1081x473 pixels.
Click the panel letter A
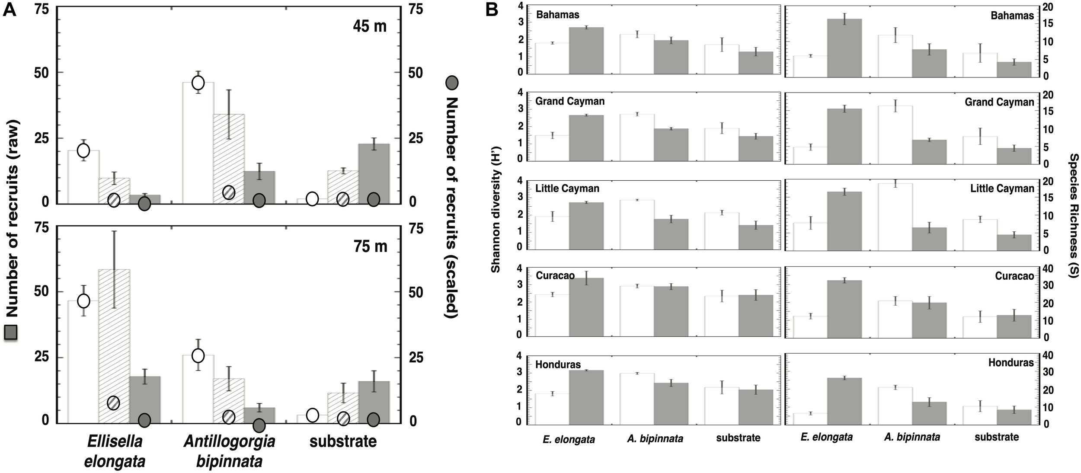[10, 10]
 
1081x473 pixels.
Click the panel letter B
[492, 10]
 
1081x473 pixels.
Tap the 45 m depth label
[370, 26]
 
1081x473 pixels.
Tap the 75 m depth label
[370, 246]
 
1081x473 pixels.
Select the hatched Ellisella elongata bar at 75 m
[114, 346]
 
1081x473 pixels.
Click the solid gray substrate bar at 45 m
[374, 173]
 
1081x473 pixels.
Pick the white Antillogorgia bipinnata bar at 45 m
[198, 143]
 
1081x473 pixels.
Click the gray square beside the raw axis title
[10, 332]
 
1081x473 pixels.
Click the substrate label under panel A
[343, 441]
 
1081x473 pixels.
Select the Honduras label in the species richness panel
[1011, 363]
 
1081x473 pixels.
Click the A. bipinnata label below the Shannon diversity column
[655, 439]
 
